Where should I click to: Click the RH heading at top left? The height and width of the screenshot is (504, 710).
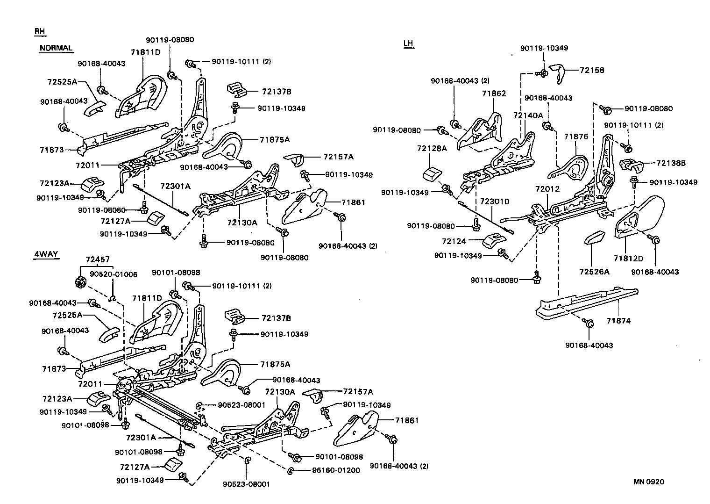[40, 31]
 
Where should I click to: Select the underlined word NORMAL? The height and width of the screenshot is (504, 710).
[56, 48]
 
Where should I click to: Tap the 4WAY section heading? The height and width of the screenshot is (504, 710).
[46, 254]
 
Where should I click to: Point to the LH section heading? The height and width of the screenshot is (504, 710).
[408, 44]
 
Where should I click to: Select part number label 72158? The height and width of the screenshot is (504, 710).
[592, 70]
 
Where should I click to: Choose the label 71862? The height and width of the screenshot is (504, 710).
[494, 94]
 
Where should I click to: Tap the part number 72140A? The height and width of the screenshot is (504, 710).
[528, 115]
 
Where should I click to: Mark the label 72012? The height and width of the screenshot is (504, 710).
[547, 189]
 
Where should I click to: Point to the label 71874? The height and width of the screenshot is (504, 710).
[618, 321]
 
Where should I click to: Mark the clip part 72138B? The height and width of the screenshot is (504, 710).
[632, 165]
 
